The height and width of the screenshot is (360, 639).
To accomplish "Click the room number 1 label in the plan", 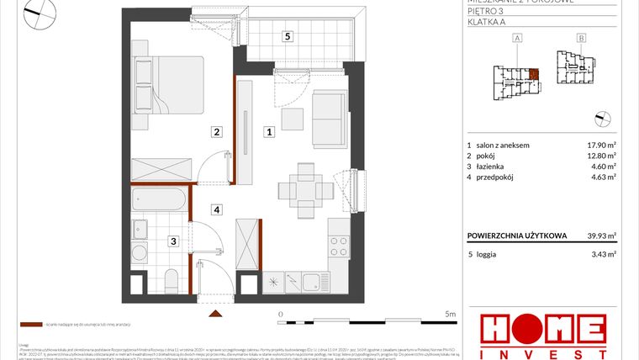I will coord(269,131).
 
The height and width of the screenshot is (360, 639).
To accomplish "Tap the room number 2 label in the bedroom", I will coord(216,131).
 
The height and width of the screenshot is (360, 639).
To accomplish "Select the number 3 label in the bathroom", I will coord(172,241).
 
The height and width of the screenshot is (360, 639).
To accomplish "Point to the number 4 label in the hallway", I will coord(216,209).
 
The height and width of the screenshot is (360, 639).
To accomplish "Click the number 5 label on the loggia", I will coord(288,36).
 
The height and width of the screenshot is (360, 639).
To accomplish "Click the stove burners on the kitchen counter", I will coord(337,246).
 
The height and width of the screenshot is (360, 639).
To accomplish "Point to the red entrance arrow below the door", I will coord(217,315).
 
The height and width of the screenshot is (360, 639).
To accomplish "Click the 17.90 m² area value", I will coord(601,145).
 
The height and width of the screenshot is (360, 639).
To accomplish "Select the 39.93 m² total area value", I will coord(601,236).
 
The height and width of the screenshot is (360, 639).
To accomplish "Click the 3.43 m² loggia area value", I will coord(604,253).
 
